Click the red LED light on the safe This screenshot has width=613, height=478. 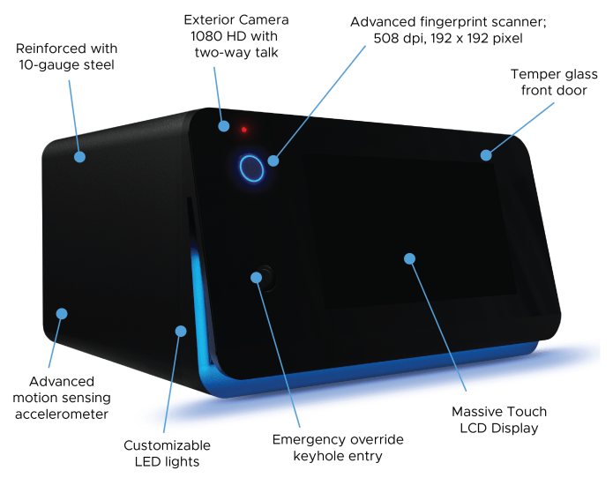pos(244,131)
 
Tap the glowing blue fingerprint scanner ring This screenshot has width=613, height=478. pos(251,167)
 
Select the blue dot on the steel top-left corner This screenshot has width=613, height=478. pos(79,157)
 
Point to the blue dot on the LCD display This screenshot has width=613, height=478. pos(409,258)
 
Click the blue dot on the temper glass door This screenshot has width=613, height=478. pos(486,155)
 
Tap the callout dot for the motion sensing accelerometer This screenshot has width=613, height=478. pos(62,313)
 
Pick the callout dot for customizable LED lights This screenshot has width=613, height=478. pos(181,331)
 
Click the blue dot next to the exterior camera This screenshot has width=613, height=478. pos(225,125)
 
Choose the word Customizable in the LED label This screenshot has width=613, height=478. pos(167,445)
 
